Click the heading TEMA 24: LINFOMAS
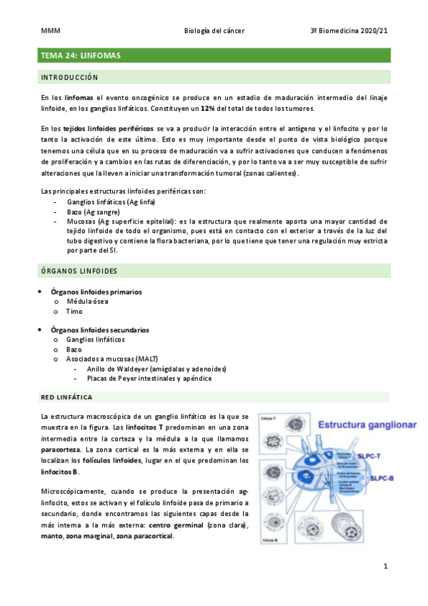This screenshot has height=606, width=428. (81, 55)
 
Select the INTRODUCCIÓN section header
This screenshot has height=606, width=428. (69, 77)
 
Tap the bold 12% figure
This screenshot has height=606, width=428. (208, 108)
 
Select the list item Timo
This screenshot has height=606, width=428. (74, 312)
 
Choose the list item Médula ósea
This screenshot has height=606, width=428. (87, 302)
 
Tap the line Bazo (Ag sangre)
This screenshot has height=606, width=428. (91, 212)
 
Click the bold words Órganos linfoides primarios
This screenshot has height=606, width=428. (96, 292)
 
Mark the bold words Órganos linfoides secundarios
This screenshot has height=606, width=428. (99, 330)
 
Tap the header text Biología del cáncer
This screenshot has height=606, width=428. (214, 31)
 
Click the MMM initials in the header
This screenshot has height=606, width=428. (50, 31)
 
